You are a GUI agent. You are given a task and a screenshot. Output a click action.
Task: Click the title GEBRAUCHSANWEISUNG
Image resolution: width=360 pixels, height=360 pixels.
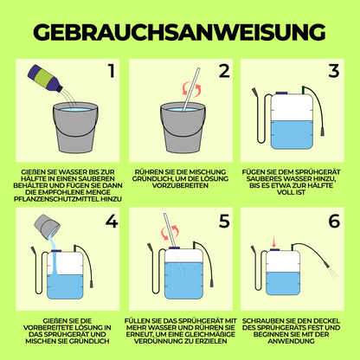click(x=180, y=31)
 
